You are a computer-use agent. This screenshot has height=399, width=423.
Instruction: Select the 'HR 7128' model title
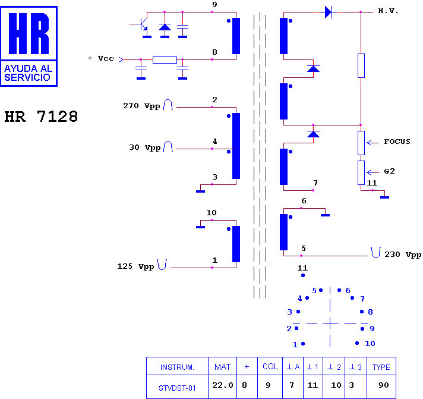click(x=41, y=117)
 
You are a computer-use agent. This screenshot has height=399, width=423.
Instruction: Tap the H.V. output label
click(x=388, y=11)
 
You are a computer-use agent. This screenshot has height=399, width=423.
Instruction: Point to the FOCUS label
click(x=397, y=142)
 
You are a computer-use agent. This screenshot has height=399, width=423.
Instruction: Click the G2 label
click(x=389, y=171)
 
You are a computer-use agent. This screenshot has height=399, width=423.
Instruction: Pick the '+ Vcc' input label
click(x=100, y=59)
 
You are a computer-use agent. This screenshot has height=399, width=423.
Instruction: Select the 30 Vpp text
click(x=145, y=147)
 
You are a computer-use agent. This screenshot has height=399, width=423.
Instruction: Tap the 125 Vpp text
click(x=135, y=266)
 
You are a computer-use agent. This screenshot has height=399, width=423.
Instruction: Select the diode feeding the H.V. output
click(x=328, y=12)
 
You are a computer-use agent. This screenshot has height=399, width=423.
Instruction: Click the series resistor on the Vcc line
click(x=165, y=59)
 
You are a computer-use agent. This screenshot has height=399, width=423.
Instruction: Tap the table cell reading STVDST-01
click(x=177, y=387)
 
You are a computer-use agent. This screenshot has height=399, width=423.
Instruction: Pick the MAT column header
click(x=222, y=367)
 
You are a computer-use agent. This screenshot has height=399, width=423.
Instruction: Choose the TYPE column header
click(x=381, y=367)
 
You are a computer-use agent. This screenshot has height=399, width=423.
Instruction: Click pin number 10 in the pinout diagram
click(x=370, y=344)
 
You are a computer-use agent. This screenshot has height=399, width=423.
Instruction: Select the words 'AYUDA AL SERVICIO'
click(x=28, y=73)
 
